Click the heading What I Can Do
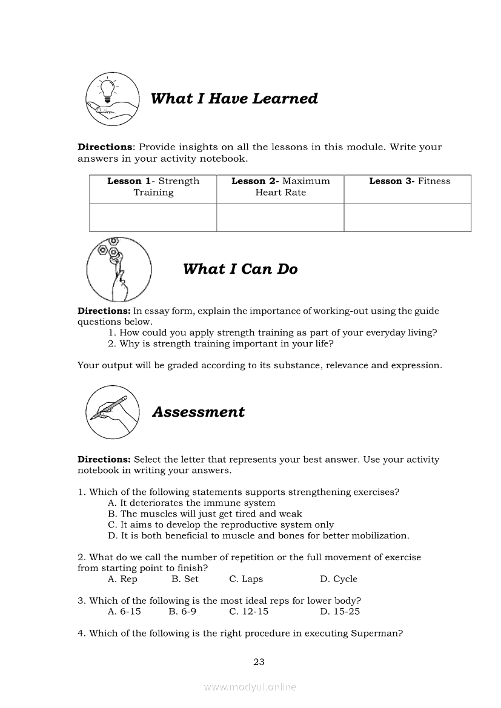[240, 269]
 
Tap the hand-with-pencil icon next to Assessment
[111, 412]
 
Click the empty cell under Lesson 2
[280, 217]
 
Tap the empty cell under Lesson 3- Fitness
[407, 217]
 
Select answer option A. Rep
[122, 579]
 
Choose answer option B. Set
[185, 579]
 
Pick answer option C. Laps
[246, 579]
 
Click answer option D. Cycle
[339, 579]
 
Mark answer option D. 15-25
[340, 612]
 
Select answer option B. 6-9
[182, 612]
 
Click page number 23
[259, 662]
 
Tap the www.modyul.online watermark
[250, 687]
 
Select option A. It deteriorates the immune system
[191, 503]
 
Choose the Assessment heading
[198, 412]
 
